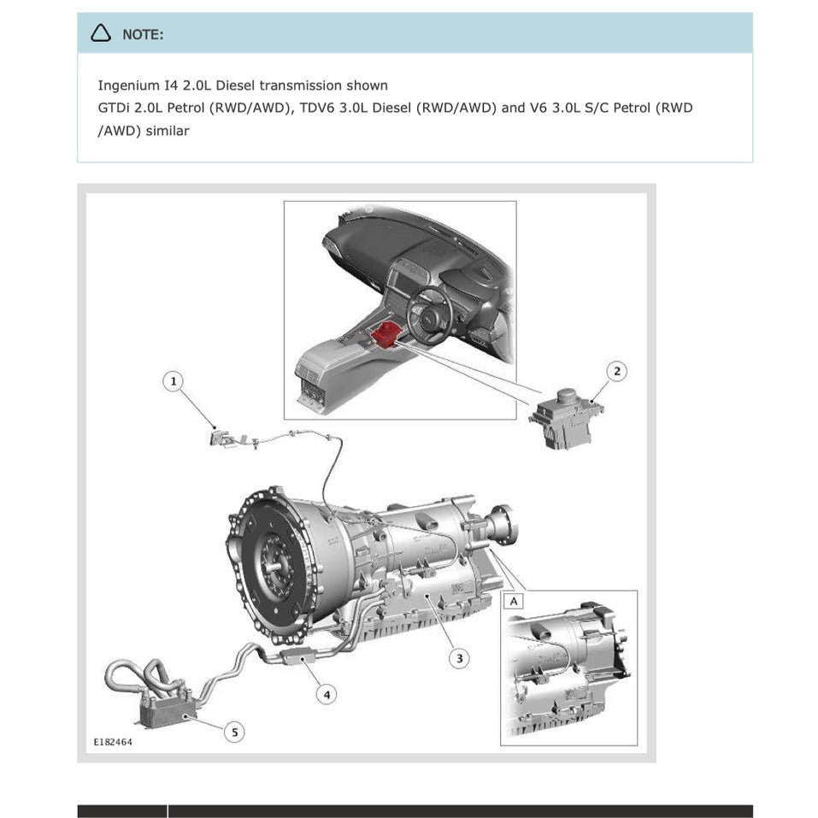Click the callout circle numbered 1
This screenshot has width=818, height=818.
174,381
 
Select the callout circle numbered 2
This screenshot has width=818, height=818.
617,371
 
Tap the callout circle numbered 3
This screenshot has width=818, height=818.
460,657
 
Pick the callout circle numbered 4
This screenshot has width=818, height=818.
326,694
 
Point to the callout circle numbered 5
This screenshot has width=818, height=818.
233,732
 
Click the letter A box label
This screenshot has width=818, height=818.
514,601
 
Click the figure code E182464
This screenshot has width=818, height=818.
113,743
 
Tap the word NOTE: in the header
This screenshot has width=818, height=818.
143,34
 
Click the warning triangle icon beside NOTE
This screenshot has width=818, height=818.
102,33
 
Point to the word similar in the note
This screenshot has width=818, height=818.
168,132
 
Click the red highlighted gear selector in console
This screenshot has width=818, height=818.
387,333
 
